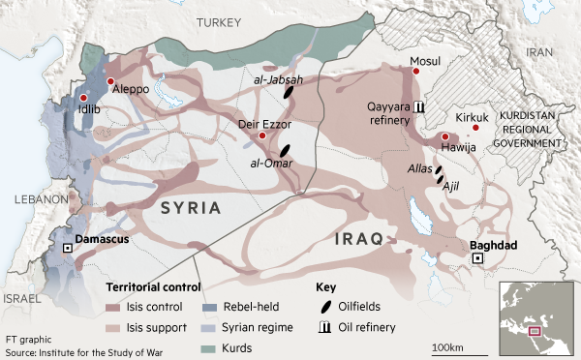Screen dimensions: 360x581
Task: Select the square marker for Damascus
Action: (67, 249)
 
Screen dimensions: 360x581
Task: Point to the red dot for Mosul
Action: (416, 73)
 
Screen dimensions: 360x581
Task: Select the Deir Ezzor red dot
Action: (263, 136)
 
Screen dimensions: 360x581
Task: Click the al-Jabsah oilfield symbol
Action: (289, 92)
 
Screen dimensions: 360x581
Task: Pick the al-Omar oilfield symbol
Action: (284, 150)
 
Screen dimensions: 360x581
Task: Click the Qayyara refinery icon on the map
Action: (418, 106)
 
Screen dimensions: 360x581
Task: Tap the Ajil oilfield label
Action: (450, 186)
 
